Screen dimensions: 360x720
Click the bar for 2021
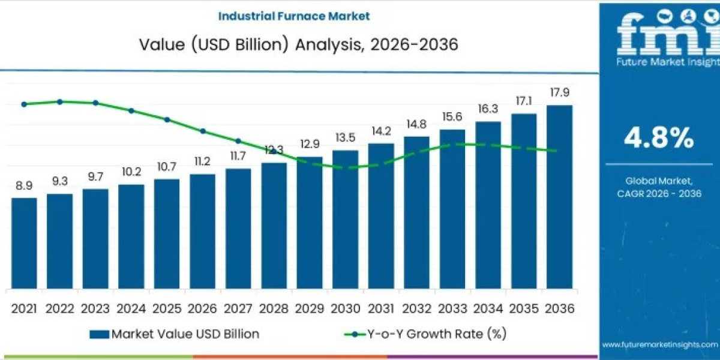pyautogui.click(x=24, y=243)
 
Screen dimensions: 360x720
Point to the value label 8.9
pyautogui.click(x=24, y=186)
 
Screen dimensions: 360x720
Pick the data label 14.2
pyautogui.click(x=381, y=131)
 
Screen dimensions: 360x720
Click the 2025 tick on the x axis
pyautogui.click(x=167, y=308)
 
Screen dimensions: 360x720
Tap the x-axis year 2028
pyautogui.click(x=274, y=308)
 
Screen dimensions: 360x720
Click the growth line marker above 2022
pyautogui.click(x=60, y=101)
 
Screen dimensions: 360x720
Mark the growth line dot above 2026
pyautogui.click(x=203, y=131)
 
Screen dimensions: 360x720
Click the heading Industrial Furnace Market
pyautogui.click(x=294, y=16)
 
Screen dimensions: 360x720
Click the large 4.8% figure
pyautogui.click(x=659, y=139)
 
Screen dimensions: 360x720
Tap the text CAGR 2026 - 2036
pyautogui.click(x=659, y=193)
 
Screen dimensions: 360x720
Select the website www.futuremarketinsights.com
pyautogui.click(x=659, y=345)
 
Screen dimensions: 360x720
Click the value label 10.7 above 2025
pyautogui.click(x=167, y=167)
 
